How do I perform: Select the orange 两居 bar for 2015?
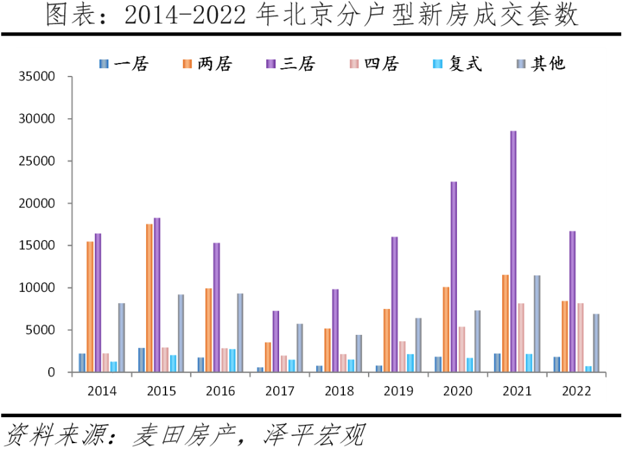149,298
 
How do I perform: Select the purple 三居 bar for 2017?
276,341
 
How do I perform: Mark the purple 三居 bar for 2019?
395,304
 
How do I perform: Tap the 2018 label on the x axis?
339,391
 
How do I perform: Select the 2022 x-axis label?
576,391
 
